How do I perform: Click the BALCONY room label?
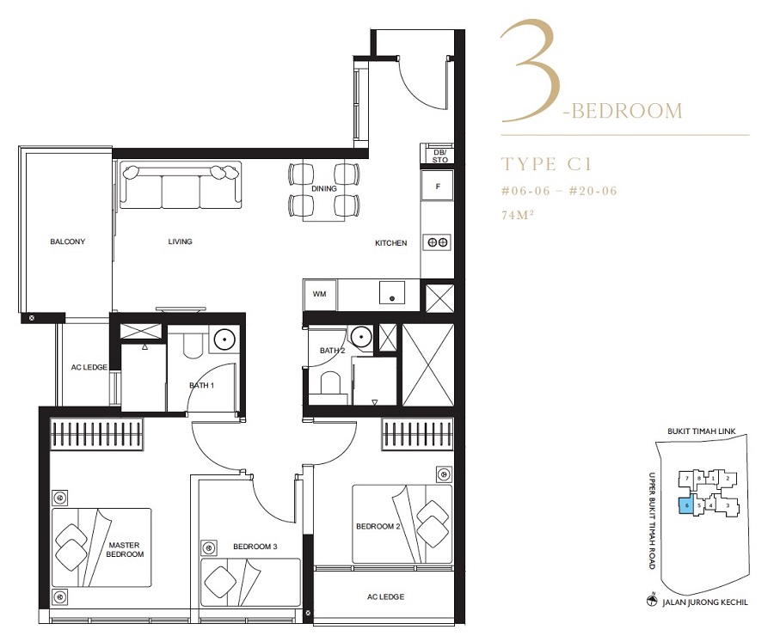pos(68,242)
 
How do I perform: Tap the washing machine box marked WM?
pos(320,295)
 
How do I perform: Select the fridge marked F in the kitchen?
pos(438,186)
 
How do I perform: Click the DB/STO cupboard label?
pos(439,156)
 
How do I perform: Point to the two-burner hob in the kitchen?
pos(438,242)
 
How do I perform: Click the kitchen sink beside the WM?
pos(392,292)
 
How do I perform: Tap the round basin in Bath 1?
pos(224,339)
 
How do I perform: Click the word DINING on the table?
pos(324,188)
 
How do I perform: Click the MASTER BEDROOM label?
pos(125,550)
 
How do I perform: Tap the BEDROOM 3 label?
pos(255,547)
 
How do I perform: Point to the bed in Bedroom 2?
pos(402,524)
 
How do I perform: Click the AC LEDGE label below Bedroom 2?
pos(385,596)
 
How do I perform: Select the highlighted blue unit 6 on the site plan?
pos(686,506)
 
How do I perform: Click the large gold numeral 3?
pos(531,71)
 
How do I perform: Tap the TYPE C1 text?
pos(546,164)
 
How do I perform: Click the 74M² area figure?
pos(518,215)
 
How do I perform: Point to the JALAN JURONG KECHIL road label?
pos(704,602)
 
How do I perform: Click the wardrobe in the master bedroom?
pos(96,434)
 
